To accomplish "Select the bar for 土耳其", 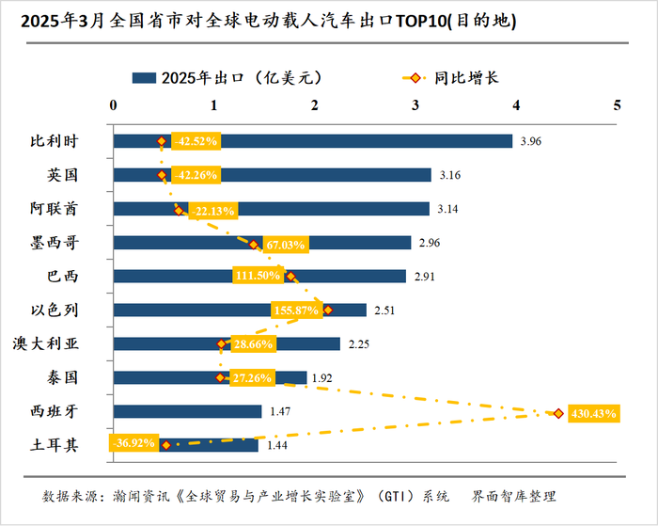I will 216,445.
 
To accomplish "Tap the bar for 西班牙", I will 187,411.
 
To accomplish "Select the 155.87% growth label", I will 297,310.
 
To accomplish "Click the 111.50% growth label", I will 258,276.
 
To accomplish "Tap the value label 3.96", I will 531,142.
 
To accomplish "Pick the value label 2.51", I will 385,311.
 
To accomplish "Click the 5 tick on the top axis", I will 617,105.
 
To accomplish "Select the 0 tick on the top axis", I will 114,105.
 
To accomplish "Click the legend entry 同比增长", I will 466,77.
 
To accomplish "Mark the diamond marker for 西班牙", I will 558,413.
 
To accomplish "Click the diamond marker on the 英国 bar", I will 162,175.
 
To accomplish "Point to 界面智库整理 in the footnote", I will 514,496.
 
